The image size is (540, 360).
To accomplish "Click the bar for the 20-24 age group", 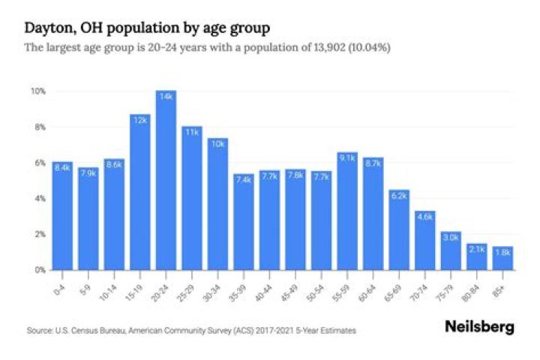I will (x=166, y=180).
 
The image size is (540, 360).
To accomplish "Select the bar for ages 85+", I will (x=502, y=258).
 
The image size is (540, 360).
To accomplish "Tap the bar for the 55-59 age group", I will (x=347, y=211).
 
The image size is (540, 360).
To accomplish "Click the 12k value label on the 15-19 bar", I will (x=139, y=120).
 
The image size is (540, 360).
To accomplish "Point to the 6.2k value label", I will (x=399, y=196).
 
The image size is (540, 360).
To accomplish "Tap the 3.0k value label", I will (x=451, y=238).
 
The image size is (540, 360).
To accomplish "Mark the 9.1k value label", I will (x=347, y=157).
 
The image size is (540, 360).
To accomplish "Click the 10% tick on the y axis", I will (x=37, y=91).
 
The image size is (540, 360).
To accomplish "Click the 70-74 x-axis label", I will (x=423, y=287).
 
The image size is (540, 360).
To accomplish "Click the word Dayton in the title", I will (x=46, y=28).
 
